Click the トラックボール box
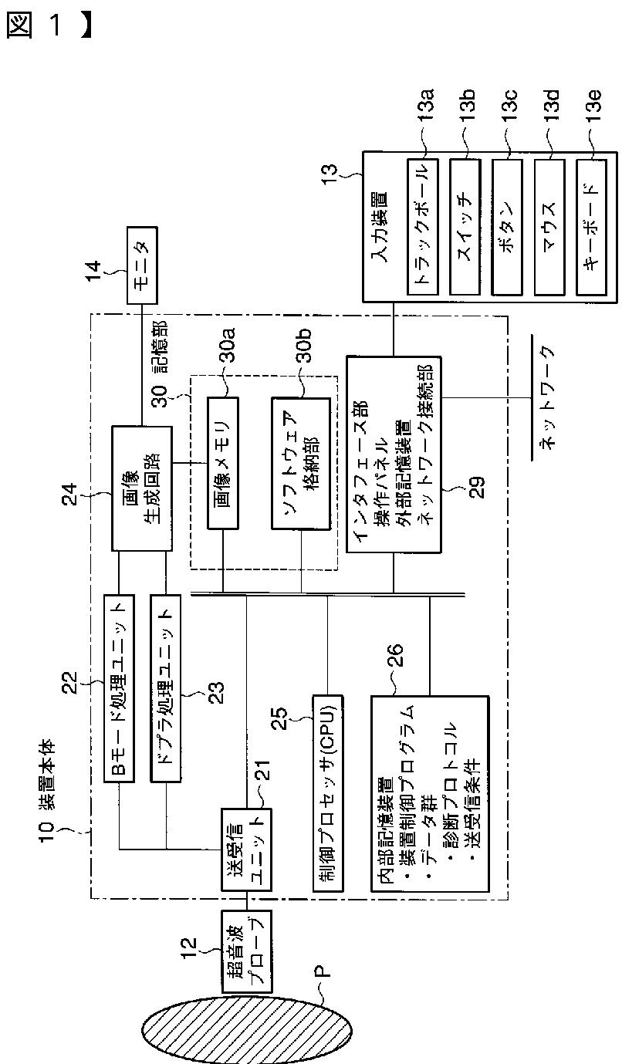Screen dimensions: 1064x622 [x=423, y=227]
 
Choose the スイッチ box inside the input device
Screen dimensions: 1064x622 [x=465, y=227]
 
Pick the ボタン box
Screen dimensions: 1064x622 [x=508, y=227]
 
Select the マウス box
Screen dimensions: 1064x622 [x=550, y=227]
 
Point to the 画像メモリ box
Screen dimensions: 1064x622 [x=223, y=463]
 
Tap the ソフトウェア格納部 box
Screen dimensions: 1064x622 [x=301, y=463]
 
